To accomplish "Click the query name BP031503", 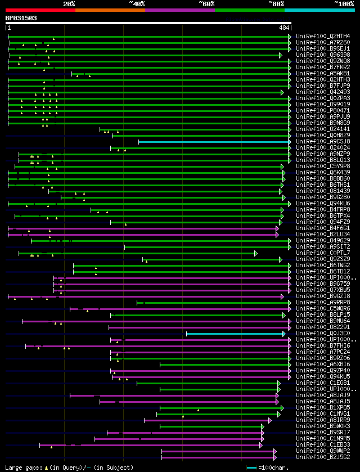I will tap(21, 18).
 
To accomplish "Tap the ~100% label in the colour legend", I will tap(344, 4).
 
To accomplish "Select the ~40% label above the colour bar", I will tap(137, 4).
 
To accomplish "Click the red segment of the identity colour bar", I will tap(40, 10).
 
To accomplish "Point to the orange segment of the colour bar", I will tap(110, 10).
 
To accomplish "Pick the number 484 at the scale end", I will tap(284, 28).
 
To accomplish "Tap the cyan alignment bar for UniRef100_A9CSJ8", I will tap(214, 142).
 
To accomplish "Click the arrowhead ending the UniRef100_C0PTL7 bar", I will tap(256, 253).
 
